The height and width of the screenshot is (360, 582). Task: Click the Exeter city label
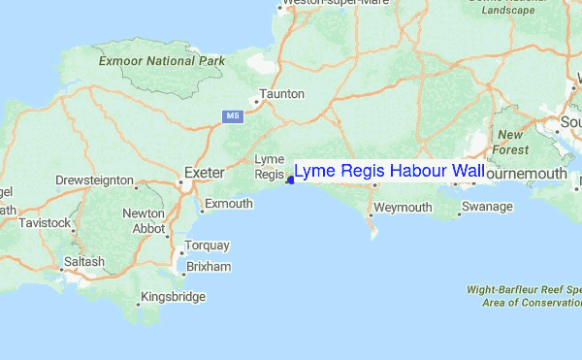[x=204, y=173]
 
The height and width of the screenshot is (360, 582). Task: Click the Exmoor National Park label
[x=163, y=61]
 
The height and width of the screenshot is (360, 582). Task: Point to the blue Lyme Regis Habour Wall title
[x=389, y=172]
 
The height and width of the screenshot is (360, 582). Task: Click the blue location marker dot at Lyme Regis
[x=290, y=180]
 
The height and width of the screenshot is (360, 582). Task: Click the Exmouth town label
[x=229, y=204]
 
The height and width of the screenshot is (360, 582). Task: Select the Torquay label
[x=209, y=245]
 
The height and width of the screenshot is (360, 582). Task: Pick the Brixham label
[x=209, y=266]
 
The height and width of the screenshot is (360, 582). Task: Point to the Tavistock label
[x=44, y=223]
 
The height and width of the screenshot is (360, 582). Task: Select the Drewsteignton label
[x=93, y=180]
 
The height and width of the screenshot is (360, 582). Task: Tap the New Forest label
[x=512, y=143]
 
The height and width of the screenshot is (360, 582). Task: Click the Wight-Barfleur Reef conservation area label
[x=522, y=295]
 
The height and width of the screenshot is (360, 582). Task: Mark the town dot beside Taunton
[x=257, y=101]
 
